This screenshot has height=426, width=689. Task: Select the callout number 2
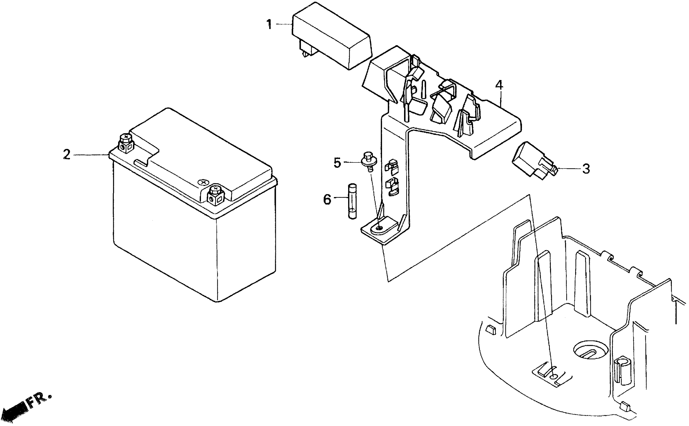point(66,155)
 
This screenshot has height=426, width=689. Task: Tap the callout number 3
point(586,169)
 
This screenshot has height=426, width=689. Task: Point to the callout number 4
point(499,85)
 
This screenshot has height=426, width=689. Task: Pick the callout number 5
point(337,163)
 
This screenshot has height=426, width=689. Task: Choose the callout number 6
point(327,200)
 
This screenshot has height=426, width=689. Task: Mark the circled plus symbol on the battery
point(203,182)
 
